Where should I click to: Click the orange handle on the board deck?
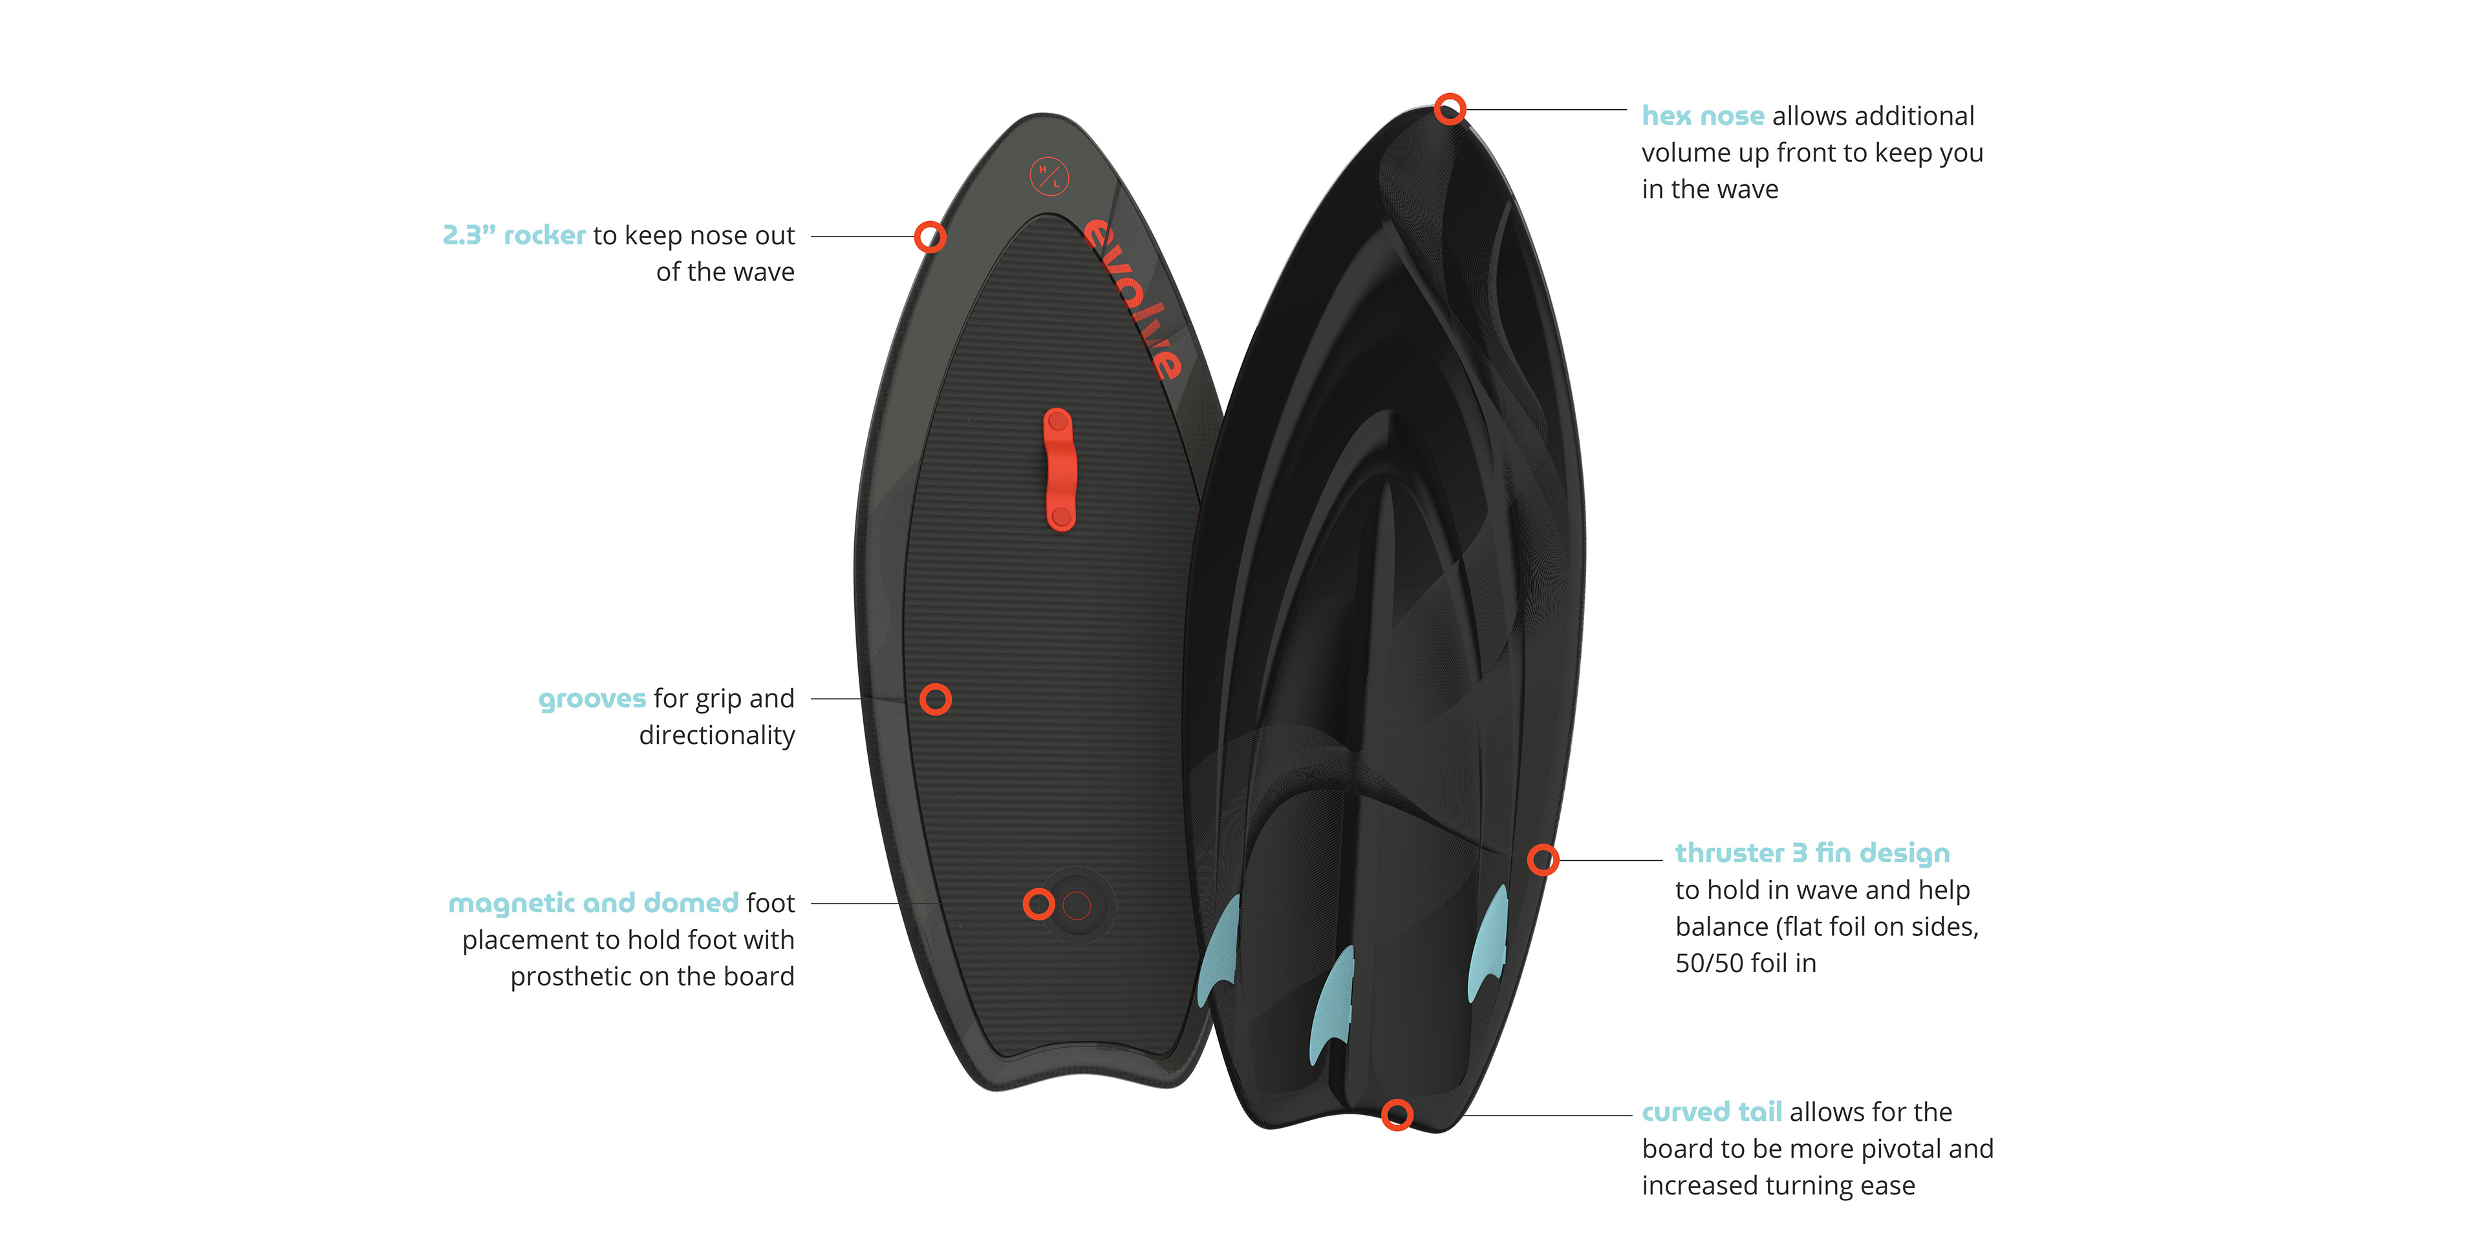click(x=1059, y=469)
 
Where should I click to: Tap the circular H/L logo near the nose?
click(x=1049, y=176)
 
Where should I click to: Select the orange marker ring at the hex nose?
click(x=1450, y=109)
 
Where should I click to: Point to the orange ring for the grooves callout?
click(x=935, y=699)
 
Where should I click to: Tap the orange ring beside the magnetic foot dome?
click(x=1038, y=904)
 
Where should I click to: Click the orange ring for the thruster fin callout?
click(x=1542, y=860)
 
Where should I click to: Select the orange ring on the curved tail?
click(x=1397, y=1115)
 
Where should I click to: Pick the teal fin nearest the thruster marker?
click(x=1489, y=944)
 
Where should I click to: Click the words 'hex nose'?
click(x=1703, y=116)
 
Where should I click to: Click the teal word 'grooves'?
click(x=592, y=699)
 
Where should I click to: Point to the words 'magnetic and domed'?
click(x=593, y=904)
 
